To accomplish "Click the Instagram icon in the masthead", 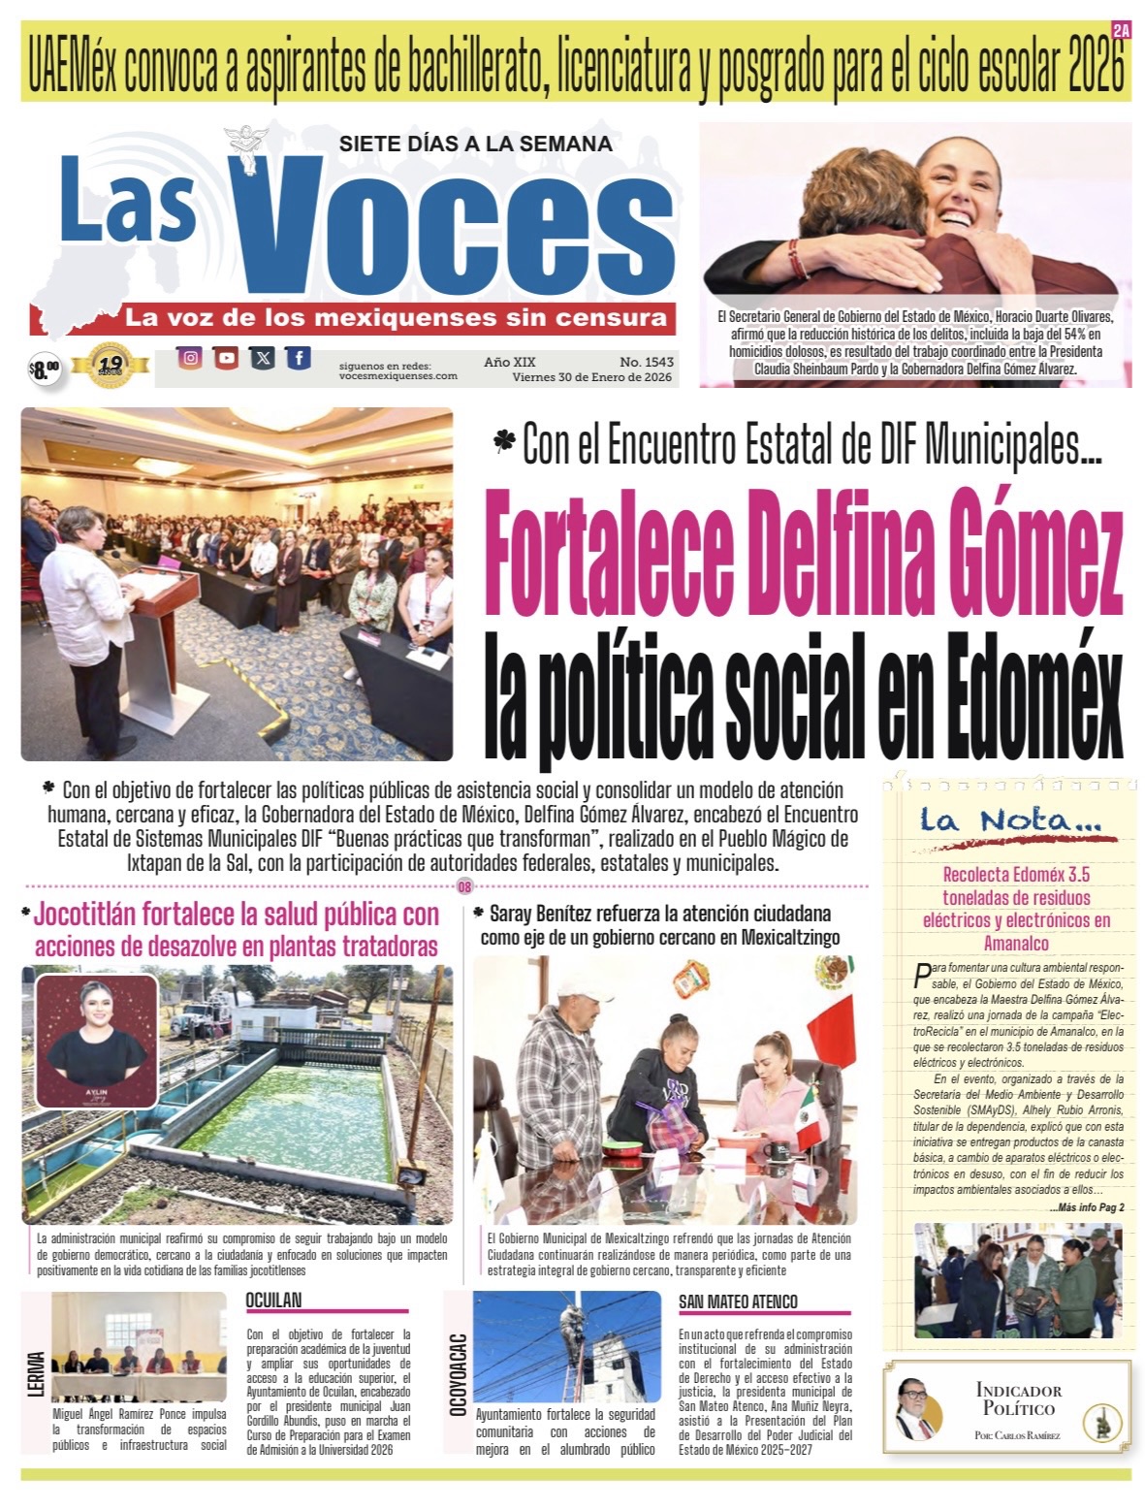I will [x=191, y=358].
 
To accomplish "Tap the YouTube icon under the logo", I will [x=227, y=358].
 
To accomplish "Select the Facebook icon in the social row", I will [x=299, y=358].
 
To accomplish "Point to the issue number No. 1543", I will [x=647, y=362].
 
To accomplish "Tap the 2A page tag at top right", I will [x=1121, y=31].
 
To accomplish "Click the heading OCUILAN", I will [x=273, y=1300].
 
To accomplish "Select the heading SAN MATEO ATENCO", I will [x=738, y=1301].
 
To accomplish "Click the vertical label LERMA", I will [x=37, y=1375].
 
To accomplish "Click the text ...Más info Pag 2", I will [x=1086, y=1207].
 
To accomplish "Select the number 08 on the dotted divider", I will [x=464, y=886].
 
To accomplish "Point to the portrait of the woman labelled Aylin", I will [x=97, y=1040].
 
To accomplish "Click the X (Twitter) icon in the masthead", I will [x=263, y=358].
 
